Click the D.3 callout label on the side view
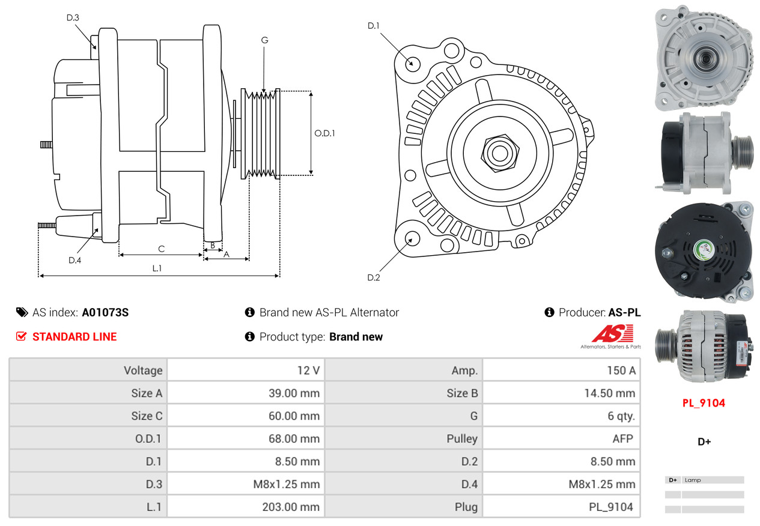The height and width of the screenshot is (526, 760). point(73,17)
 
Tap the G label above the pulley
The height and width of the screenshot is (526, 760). point(264,40)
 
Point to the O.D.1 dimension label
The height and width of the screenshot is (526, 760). point(324,133)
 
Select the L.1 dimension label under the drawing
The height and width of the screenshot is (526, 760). point(156,268)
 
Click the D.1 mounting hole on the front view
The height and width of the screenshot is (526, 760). point(412,63)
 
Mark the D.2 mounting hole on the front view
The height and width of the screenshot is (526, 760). point(412,238)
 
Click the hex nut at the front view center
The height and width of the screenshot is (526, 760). point(499,153)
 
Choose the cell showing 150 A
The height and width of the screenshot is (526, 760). point(621,370)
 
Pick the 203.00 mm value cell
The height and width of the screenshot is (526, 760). point(291,507)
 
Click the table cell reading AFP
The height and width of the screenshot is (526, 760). point(622,438)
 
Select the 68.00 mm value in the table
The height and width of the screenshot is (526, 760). point(294,438)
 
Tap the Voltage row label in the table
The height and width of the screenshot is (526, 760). point(143,370)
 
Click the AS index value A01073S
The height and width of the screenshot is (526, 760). point(105,312)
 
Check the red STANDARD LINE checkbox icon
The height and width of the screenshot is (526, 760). point(21,336)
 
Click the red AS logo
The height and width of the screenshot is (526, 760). point(612,334)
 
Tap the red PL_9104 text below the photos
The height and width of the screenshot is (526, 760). point(704,403)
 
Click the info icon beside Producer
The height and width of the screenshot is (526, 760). point(549,312)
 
